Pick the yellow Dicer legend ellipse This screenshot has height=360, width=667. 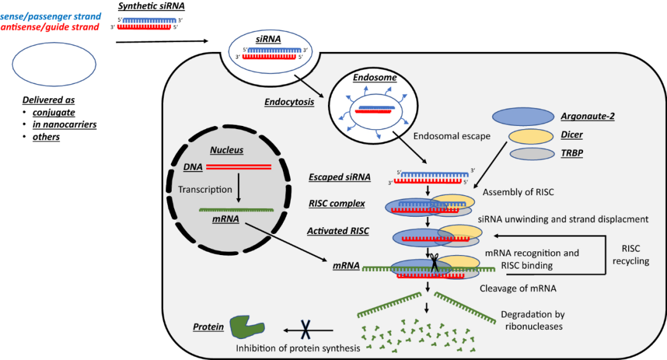pyautogui.click(x=531, y=136)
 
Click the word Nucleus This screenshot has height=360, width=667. pyautogui.click(x=227, y=150)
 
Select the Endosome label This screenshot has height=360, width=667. pyautogui.click(x=374, y=78)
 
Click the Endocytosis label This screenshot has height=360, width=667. pyautogui.click(x=288, y=102)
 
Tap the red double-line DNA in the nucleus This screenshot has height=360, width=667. pyautogui.click(x=238, y=167)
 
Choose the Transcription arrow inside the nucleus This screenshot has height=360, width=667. pyautogui.click(x=238, y=190)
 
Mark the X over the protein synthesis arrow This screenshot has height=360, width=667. pyautogui.click(x=305, y=330)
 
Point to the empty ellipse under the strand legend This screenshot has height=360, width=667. pyautogui.click(x=53, y=65)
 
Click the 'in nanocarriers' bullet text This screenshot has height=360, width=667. pyautogui.click(x=64, y=125)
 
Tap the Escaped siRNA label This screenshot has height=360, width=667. pyautogui.click(x=339, y=177)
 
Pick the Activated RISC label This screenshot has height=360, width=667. pyautogui.click(x=338, y=231)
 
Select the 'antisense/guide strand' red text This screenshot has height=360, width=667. pyautogui.click(x=51, y=27)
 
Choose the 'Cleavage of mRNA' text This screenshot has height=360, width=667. pyautogui.click(x=517, y=288)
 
